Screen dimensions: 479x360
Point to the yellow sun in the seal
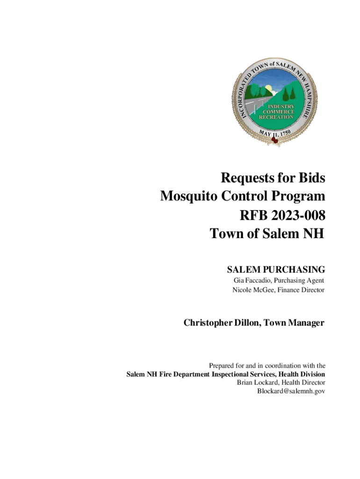click(x=268, y=88)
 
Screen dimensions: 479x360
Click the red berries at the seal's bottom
click(x=275, y=139)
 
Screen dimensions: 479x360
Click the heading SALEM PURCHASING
click(x=276, y=269)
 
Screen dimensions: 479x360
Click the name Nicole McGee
click(x=253, y=290)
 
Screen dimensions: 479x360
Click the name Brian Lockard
click(x=259, y=383)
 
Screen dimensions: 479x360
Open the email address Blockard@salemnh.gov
click(x=291, y=391)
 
